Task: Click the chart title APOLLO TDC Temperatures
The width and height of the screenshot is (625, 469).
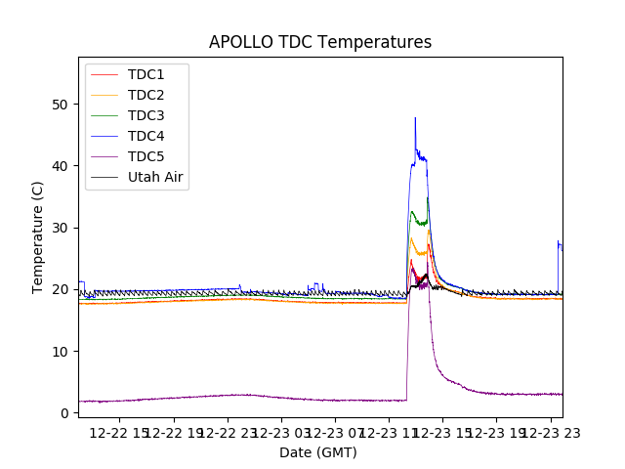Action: (320, 42)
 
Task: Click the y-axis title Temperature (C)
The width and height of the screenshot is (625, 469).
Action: (38, 236)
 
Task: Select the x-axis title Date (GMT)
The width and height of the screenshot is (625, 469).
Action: (318, 452)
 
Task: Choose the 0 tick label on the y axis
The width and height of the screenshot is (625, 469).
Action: (63, 413)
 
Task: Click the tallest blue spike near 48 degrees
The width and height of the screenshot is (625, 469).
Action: (415, 118)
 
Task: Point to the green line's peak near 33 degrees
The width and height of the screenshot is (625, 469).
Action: (412, 211)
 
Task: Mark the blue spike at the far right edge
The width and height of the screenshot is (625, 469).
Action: (559, 241)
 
